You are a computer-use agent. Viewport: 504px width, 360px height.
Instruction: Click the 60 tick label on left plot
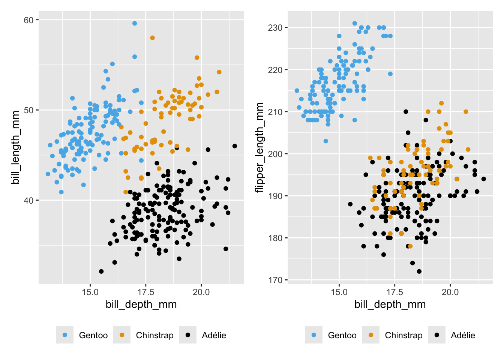(x=28, y=20)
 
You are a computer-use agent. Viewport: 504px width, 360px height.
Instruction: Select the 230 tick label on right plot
(x=275, y=28)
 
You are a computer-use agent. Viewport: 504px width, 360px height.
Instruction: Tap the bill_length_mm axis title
(x=15, y=147)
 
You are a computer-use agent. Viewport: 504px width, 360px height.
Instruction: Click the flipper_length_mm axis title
(x=259, y=147)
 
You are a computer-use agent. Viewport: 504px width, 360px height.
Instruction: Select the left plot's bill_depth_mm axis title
(x=141, y=304)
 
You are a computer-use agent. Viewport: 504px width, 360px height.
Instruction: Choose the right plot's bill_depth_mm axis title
(x=390, y=304)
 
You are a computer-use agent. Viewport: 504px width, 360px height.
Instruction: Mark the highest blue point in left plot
(x=135, y=23)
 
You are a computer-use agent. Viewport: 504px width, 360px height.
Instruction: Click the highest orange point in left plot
(x=152, y=38)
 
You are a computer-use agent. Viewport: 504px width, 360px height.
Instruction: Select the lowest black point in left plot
(x=101, y=271)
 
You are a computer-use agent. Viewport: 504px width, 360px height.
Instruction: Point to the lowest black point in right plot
(x=419, y=271)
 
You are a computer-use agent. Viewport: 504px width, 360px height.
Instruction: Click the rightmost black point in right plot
(x=484, y=179)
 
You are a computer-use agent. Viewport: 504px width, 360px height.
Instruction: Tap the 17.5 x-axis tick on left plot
(x=145, y=292)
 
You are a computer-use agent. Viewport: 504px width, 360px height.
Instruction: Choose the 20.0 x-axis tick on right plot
(x=450, y=292)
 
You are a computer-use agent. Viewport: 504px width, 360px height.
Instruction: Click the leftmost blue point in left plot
(x=48, y=174)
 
